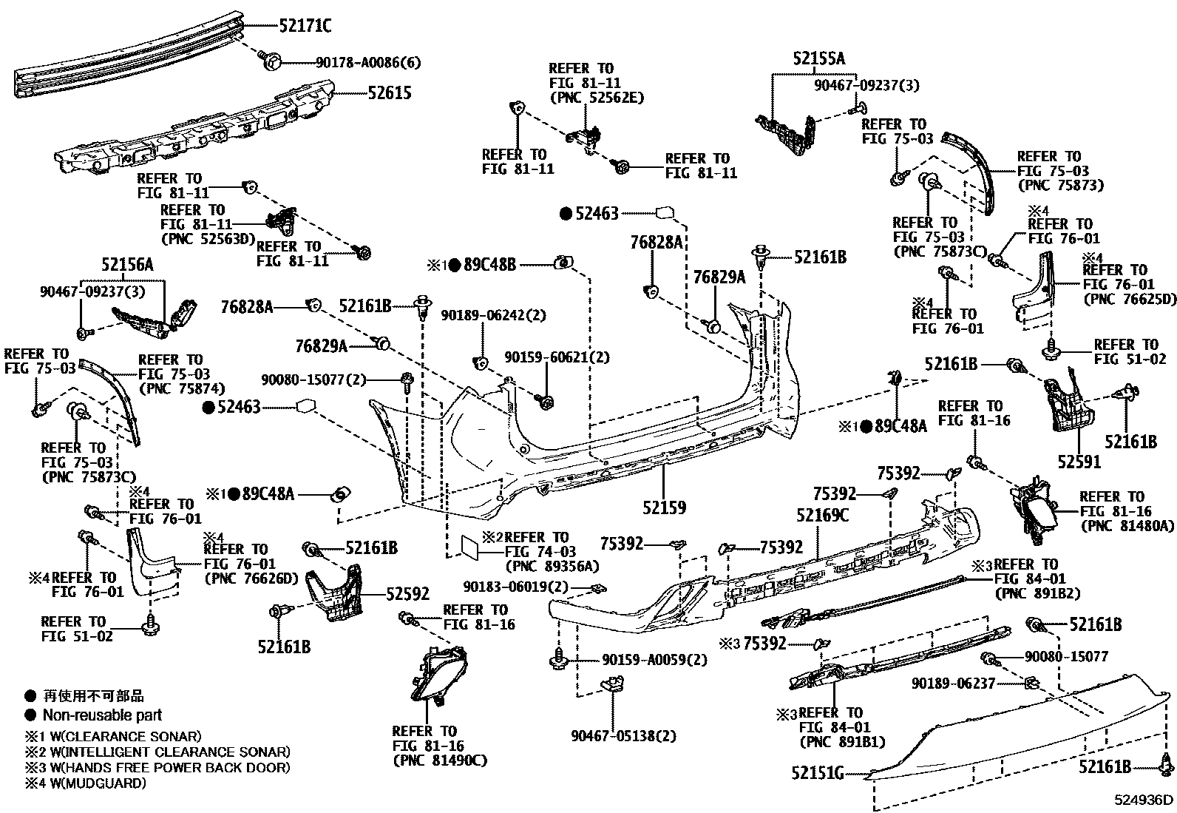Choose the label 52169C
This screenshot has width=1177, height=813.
(822, 516)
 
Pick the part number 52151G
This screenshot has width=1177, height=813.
(817, 773)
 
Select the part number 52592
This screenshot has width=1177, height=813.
(407, 594)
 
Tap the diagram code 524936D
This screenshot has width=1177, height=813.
(1144, 800)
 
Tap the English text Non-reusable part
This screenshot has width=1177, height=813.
(102, 715)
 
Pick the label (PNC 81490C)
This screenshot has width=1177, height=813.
(440, 760)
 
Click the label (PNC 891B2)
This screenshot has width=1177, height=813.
(1038, 593)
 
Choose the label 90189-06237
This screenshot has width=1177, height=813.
(953, 684)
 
